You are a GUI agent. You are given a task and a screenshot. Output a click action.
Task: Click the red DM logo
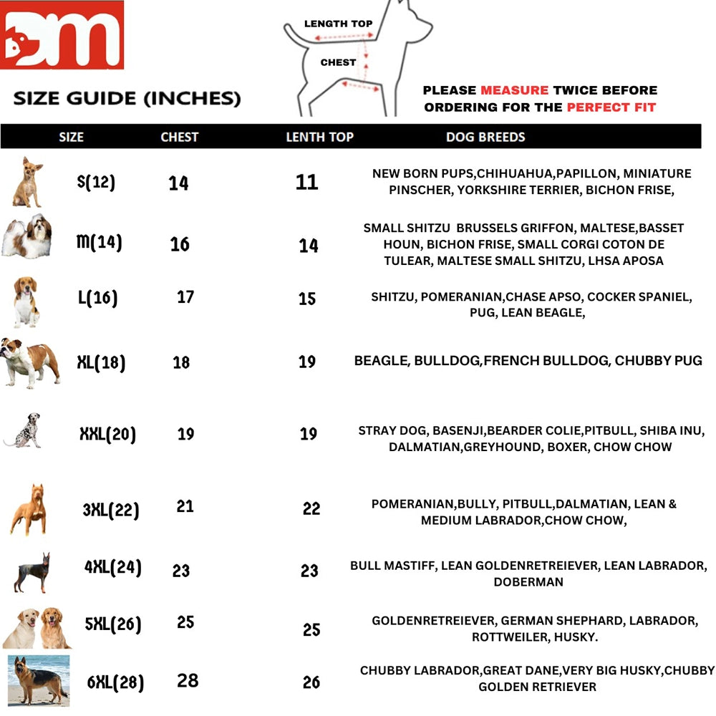pos(62,35)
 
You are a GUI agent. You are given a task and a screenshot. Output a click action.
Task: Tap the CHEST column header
pos(179,137)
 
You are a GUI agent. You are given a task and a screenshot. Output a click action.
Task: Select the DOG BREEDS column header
pos(485,137)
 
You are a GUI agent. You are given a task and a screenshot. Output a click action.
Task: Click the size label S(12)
pos(96,182)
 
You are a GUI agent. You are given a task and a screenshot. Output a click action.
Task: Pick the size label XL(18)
pos(101,362)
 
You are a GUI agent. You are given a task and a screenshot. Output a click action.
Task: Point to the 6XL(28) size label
pos(115,682)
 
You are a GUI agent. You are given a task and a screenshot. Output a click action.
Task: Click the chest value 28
pos(188,680)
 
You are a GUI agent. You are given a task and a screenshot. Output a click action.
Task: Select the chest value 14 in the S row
pos(178,183)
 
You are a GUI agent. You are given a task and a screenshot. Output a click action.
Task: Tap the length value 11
pos(306,182)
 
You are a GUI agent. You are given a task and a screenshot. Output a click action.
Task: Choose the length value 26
pos(311,682)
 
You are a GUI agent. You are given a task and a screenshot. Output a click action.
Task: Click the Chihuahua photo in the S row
pos(28,183)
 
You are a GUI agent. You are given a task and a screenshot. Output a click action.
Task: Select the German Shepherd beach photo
pos(39,680)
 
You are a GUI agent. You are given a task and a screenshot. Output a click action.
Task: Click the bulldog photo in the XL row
pos(30,363)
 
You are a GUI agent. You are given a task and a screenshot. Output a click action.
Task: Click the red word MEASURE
pos(514,90)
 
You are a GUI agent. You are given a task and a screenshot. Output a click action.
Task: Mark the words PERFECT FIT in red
pos(611,107)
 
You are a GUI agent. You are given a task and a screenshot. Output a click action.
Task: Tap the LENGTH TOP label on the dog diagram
pos(338,24)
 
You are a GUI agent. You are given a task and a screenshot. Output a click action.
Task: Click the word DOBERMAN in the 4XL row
pos(528,582)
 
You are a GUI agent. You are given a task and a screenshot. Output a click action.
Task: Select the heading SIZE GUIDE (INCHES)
pos(127,98)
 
